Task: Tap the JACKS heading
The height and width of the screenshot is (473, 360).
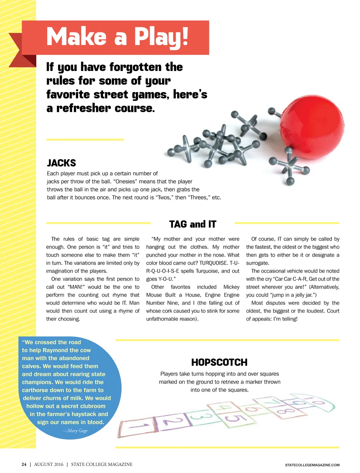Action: point(62,163)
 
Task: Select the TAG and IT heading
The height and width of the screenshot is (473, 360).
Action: point(193,224)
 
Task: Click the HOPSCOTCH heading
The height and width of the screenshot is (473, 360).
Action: point(219,362)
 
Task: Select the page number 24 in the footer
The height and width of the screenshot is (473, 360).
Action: point(24,464)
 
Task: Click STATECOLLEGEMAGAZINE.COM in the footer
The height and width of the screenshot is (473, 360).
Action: point(312,465)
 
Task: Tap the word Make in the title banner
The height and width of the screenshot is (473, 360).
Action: point(76,37)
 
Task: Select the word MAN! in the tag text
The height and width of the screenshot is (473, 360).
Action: point(76,287)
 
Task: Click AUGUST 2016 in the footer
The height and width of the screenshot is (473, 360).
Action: point(49,464)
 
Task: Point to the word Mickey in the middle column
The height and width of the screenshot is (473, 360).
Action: point(231,287)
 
